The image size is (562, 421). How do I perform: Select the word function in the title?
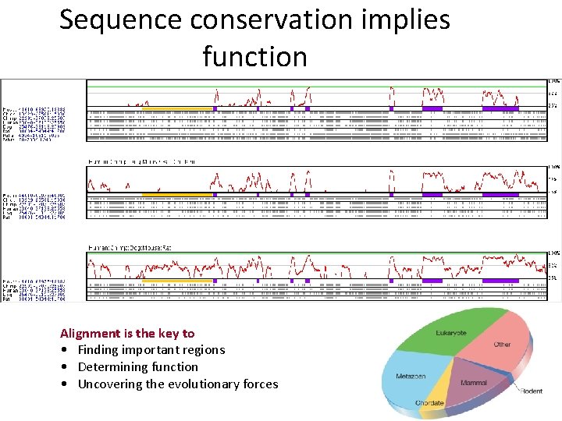pos(254,56)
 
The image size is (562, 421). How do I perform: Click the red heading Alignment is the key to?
pos(127,333)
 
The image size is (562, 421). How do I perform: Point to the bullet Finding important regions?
pos(151,350)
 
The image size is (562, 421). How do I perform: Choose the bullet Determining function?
pos(137,366)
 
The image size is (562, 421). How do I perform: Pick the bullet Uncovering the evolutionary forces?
pos(177,384)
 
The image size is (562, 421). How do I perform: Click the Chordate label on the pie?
pos(430,403)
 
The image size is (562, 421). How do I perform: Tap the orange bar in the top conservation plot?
pos(176,108)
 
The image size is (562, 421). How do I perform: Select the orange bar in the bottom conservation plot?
pos(176,280)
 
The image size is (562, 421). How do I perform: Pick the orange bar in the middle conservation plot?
pos(176,194)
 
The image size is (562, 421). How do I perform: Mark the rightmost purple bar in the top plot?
pos(500,108)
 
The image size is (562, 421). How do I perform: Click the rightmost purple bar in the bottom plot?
pos(500,280)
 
